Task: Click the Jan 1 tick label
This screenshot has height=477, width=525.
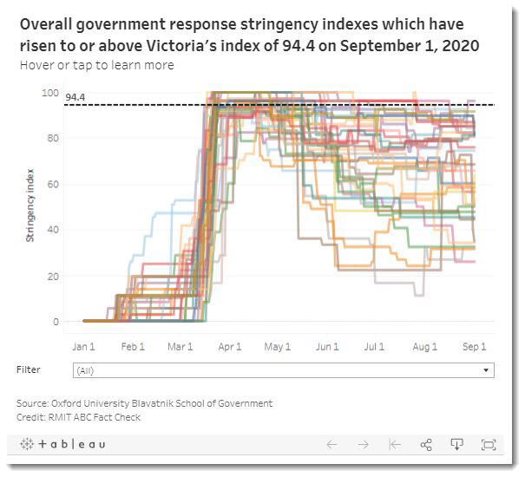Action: (83, 346)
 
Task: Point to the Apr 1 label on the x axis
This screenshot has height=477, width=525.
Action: (230, 346)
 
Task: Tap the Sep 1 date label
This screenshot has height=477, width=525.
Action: (475, 346)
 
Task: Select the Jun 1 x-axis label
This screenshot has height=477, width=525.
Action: (327, 346)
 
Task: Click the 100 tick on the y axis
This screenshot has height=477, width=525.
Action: (51, 93)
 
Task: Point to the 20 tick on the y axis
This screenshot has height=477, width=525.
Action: (54, 276)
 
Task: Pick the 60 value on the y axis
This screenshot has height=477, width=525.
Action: (54, 185)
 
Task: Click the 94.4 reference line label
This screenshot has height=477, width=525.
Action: (75, 98)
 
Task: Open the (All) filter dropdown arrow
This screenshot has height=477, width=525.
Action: (485, 370)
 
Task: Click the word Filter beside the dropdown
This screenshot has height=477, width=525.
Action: (29, 369)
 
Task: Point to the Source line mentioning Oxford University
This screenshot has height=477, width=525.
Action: (144, 403)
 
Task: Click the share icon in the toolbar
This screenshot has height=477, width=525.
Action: (426, 445)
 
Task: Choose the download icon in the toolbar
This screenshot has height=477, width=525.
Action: (456, 445)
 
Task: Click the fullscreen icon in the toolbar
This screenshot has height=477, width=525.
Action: (488, 445)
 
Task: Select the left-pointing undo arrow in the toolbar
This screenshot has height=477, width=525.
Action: (331, 445)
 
